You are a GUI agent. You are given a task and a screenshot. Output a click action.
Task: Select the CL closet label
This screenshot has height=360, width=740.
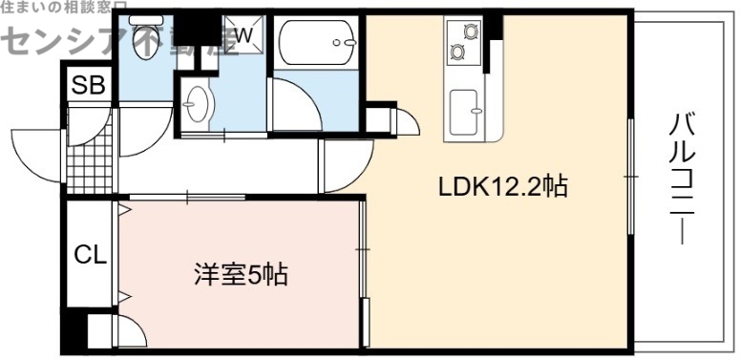[90, 255]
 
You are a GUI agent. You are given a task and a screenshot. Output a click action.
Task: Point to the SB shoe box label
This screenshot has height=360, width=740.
[89, 84]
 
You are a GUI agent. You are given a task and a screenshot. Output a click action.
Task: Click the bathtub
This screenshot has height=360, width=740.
[318, 43]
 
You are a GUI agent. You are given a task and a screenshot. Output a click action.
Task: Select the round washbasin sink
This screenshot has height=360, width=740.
[200, 101]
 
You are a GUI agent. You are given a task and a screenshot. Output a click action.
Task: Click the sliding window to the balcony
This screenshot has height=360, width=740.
[630, 177]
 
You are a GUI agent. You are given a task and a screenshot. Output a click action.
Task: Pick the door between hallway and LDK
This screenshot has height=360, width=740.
[342, 167]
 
